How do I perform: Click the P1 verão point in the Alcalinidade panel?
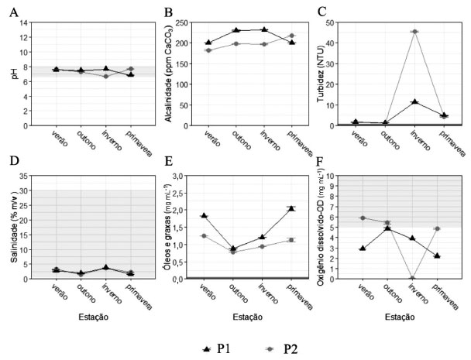click(x=208, y=43)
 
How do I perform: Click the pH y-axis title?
click(x=13, y=74)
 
